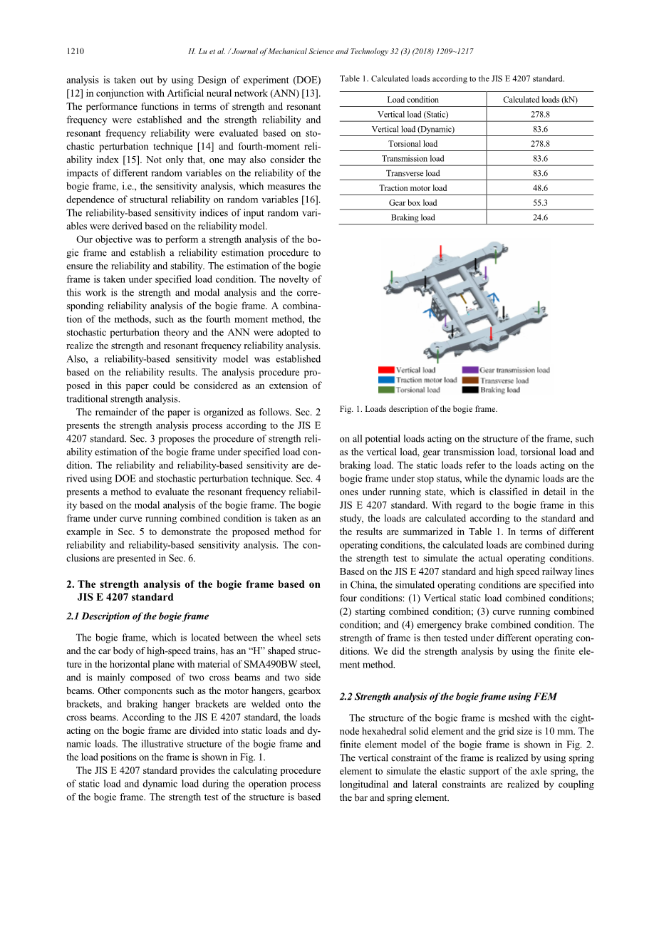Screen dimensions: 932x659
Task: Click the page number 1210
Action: [75, 51]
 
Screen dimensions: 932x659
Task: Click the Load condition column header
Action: [412, 100]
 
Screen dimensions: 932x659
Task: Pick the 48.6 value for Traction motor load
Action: [540, 188]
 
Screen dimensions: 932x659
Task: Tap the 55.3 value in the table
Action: [540, 203]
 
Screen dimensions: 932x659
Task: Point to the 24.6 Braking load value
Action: [540, 217]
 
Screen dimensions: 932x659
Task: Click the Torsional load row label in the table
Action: [412, 144]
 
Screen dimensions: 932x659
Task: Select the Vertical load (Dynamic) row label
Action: [412, 129]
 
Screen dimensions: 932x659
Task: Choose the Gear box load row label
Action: [412, 203]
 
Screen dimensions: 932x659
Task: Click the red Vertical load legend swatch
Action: [386, 370]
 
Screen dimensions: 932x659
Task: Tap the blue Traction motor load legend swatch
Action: [386, 380]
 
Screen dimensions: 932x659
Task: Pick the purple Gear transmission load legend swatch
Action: [469, 370]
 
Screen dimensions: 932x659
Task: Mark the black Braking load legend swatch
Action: [469, 390]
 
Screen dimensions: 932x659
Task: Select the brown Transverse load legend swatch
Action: [469, 380]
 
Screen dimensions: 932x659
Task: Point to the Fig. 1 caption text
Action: [418, 409]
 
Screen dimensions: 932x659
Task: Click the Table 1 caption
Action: [452, 78]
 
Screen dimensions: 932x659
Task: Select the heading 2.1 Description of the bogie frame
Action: [137, 616]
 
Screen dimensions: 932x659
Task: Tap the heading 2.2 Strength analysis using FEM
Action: [448, 696]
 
